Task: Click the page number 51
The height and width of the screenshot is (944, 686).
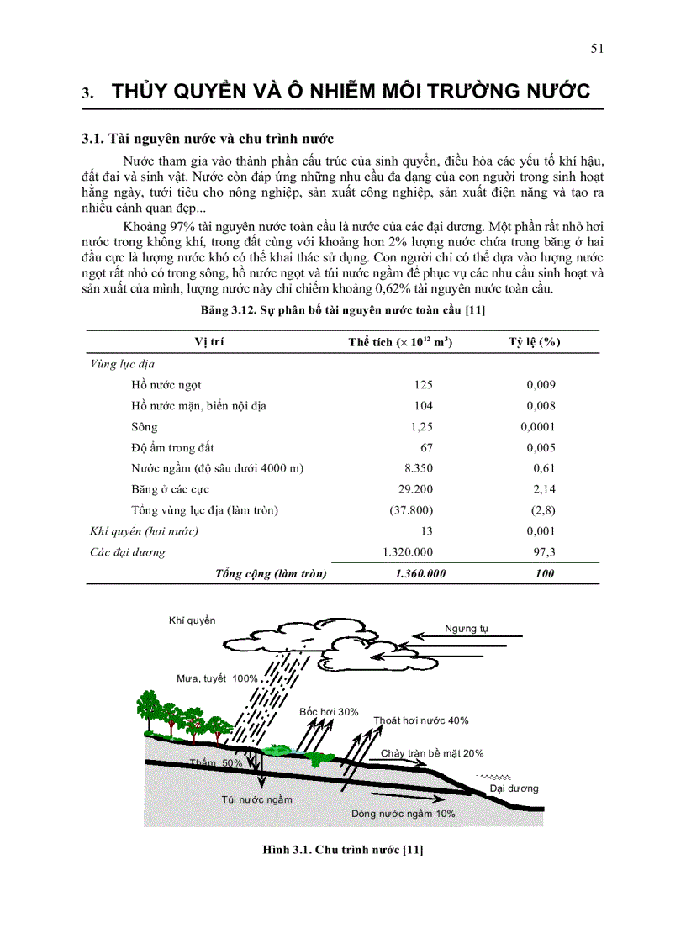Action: tap(597, 49)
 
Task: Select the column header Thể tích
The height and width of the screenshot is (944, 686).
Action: tap(400, 342)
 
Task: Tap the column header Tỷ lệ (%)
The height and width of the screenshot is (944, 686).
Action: tap(535, 342)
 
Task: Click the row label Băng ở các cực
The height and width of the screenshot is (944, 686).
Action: tap(171, 489)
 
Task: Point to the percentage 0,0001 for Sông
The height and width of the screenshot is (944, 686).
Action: tap(538, 426)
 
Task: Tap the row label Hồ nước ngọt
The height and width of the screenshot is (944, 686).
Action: tap(166, 384)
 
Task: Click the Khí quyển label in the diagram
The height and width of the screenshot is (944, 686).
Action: tap(192, 620)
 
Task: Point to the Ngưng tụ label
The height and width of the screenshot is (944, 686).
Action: tap(467, 629)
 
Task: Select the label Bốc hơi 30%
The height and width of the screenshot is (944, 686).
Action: tap(329, 712)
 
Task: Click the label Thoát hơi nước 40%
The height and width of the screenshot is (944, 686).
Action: tap(421, 720)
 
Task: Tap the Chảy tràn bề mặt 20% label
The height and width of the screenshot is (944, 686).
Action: tap(432, 753)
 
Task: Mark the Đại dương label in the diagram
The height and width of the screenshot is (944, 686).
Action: tap(514, 788)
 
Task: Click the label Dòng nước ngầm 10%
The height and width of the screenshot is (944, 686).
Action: tap(403, 814)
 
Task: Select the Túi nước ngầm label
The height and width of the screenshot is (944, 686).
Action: tap(257, 799)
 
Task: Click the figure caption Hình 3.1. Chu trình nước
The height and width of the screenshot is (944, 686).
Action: tap(343, 850)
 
